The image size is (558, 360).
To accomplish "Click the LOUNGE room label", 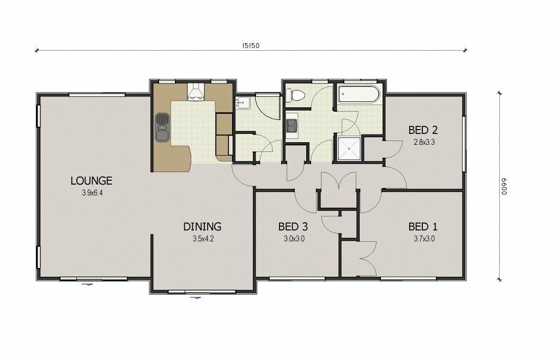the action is click(92, 181).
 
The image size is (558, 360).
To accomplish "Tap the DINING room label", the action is click(202, 227).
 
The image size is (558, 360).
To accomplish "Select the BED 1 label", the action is click(423, 227).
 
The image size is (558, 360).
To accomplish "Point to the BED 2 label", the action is click(423, 130).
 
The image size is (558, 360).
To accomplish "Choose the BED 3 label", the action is click(293, 227).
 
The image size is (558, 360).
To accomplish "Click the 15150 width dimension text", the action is click(251, 46).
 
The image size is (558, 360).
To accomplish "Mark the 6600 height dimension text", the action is click(504, 186).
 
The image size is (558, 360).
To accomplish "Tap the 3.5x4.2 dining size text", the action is click(203, 239).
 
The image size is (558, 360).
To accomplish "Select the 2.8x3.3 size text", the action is click(424, 142).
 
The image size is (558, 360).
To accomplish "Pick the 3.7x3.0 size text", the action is click(424, 239).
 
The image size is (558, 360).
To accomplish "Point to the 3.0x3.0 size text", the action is click(294, 239).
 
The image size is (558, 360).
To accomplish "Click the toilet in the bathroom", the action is click(295, 95).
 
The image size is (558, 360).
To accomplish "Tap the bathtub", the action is click(359, 94).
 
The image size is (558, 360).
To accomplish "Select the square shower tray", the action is click(349, 149).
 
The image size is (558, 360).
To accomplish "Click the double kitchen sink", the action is click(162, 127).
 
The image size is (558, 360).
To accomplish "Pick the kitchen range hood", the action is click(196, 92).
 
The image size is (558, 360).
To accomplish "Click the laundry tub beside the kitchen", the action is click(242, 102).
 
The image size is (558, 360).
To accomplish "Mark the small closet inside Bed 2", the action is click(372, 148).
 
